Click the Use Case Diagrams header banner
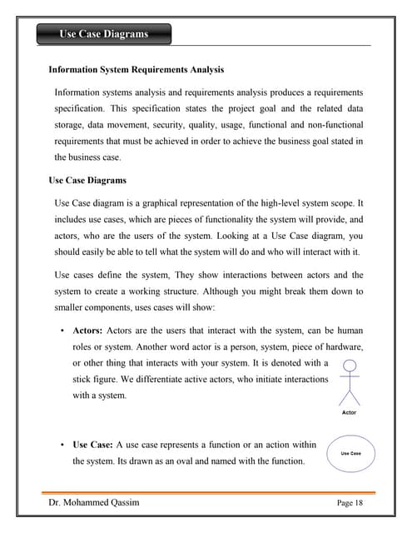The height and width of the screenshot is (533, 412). [103, 34]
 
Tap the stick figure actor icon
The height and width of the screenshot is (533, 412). [350, 382]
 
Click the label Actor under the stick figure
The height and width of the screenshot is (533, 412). [350, 412]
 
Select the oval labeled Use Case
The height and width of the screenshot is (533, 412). [350, 453]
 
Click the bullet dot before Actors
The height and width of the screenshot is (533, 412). [63, 331]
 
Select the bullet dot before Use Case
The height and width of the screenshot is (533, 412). [63, 446]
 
